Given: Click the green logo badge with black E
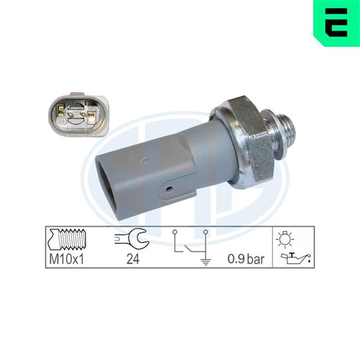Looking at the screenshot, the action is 337,23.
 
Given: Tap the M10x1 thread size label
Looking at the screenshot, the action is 67,259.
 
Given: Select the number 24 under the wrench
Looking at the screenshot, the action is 133,259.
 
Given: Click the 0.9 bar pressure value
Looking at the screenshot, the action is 245,259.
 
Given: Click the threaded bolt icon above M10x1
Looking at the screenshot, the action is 67,239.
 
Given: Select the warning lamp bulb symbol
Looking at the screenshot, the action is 284,239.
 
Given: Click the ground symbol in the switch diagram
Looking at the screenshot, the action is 206,261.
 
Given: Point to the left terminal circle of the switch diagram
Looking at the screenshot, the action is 175,232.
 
